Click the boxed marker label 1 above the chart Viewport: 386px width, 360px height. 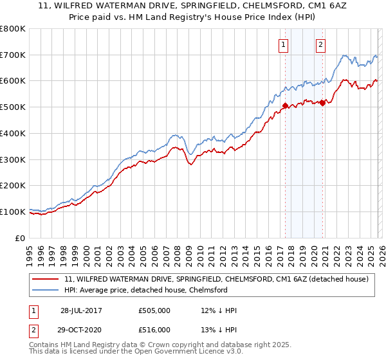[284, 44]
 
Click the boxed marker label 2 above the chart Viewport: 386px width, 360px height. [320, 44]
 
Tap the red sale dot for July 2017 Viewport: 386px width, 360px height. [285, 106]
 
